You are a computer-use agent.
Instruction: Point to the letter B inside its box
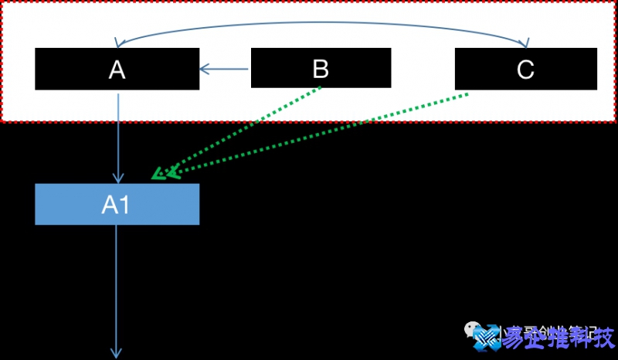tap(321, 70)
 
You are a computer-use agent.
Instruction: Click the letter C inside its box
tap(525, 70)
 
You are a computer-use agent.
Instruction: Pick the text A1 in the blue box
tap(117, 205)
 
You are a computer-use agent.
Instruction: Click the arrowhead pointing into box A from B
tap(204, 70)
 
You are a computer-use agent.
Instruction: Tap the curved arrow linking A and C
tap(321, 22)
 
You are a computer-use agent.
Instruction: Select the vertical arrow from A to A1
tap(117, 135)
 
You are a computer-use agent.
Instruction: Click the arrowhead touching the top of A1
tap(117, 178)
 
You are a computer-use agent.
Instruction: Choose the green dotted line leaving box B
tap(247, 128)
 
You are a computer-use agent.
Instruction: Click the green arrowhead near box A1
tap(161, 173)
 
